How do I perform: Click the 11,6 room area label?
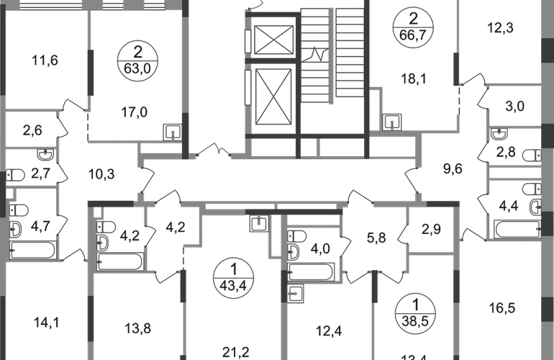[x=45, y=60]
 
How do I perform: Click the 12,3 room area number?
[x=503, y=30]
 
